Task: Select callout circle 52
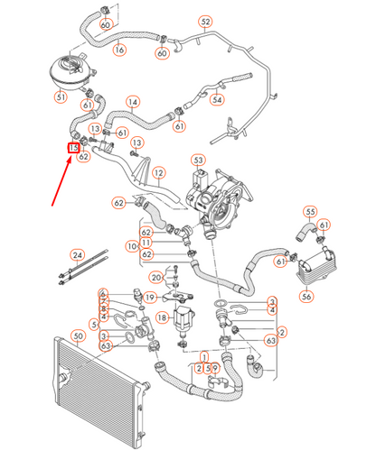205,21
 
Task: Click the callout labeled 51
61,96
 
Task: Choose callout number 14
133,103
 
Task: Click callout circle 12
158,172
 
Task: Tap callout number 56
307,297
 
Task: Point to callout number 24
77,256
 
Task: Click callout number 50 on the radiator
78,336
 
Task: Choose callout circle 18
162,317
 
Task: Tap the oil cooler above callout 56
307,266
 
